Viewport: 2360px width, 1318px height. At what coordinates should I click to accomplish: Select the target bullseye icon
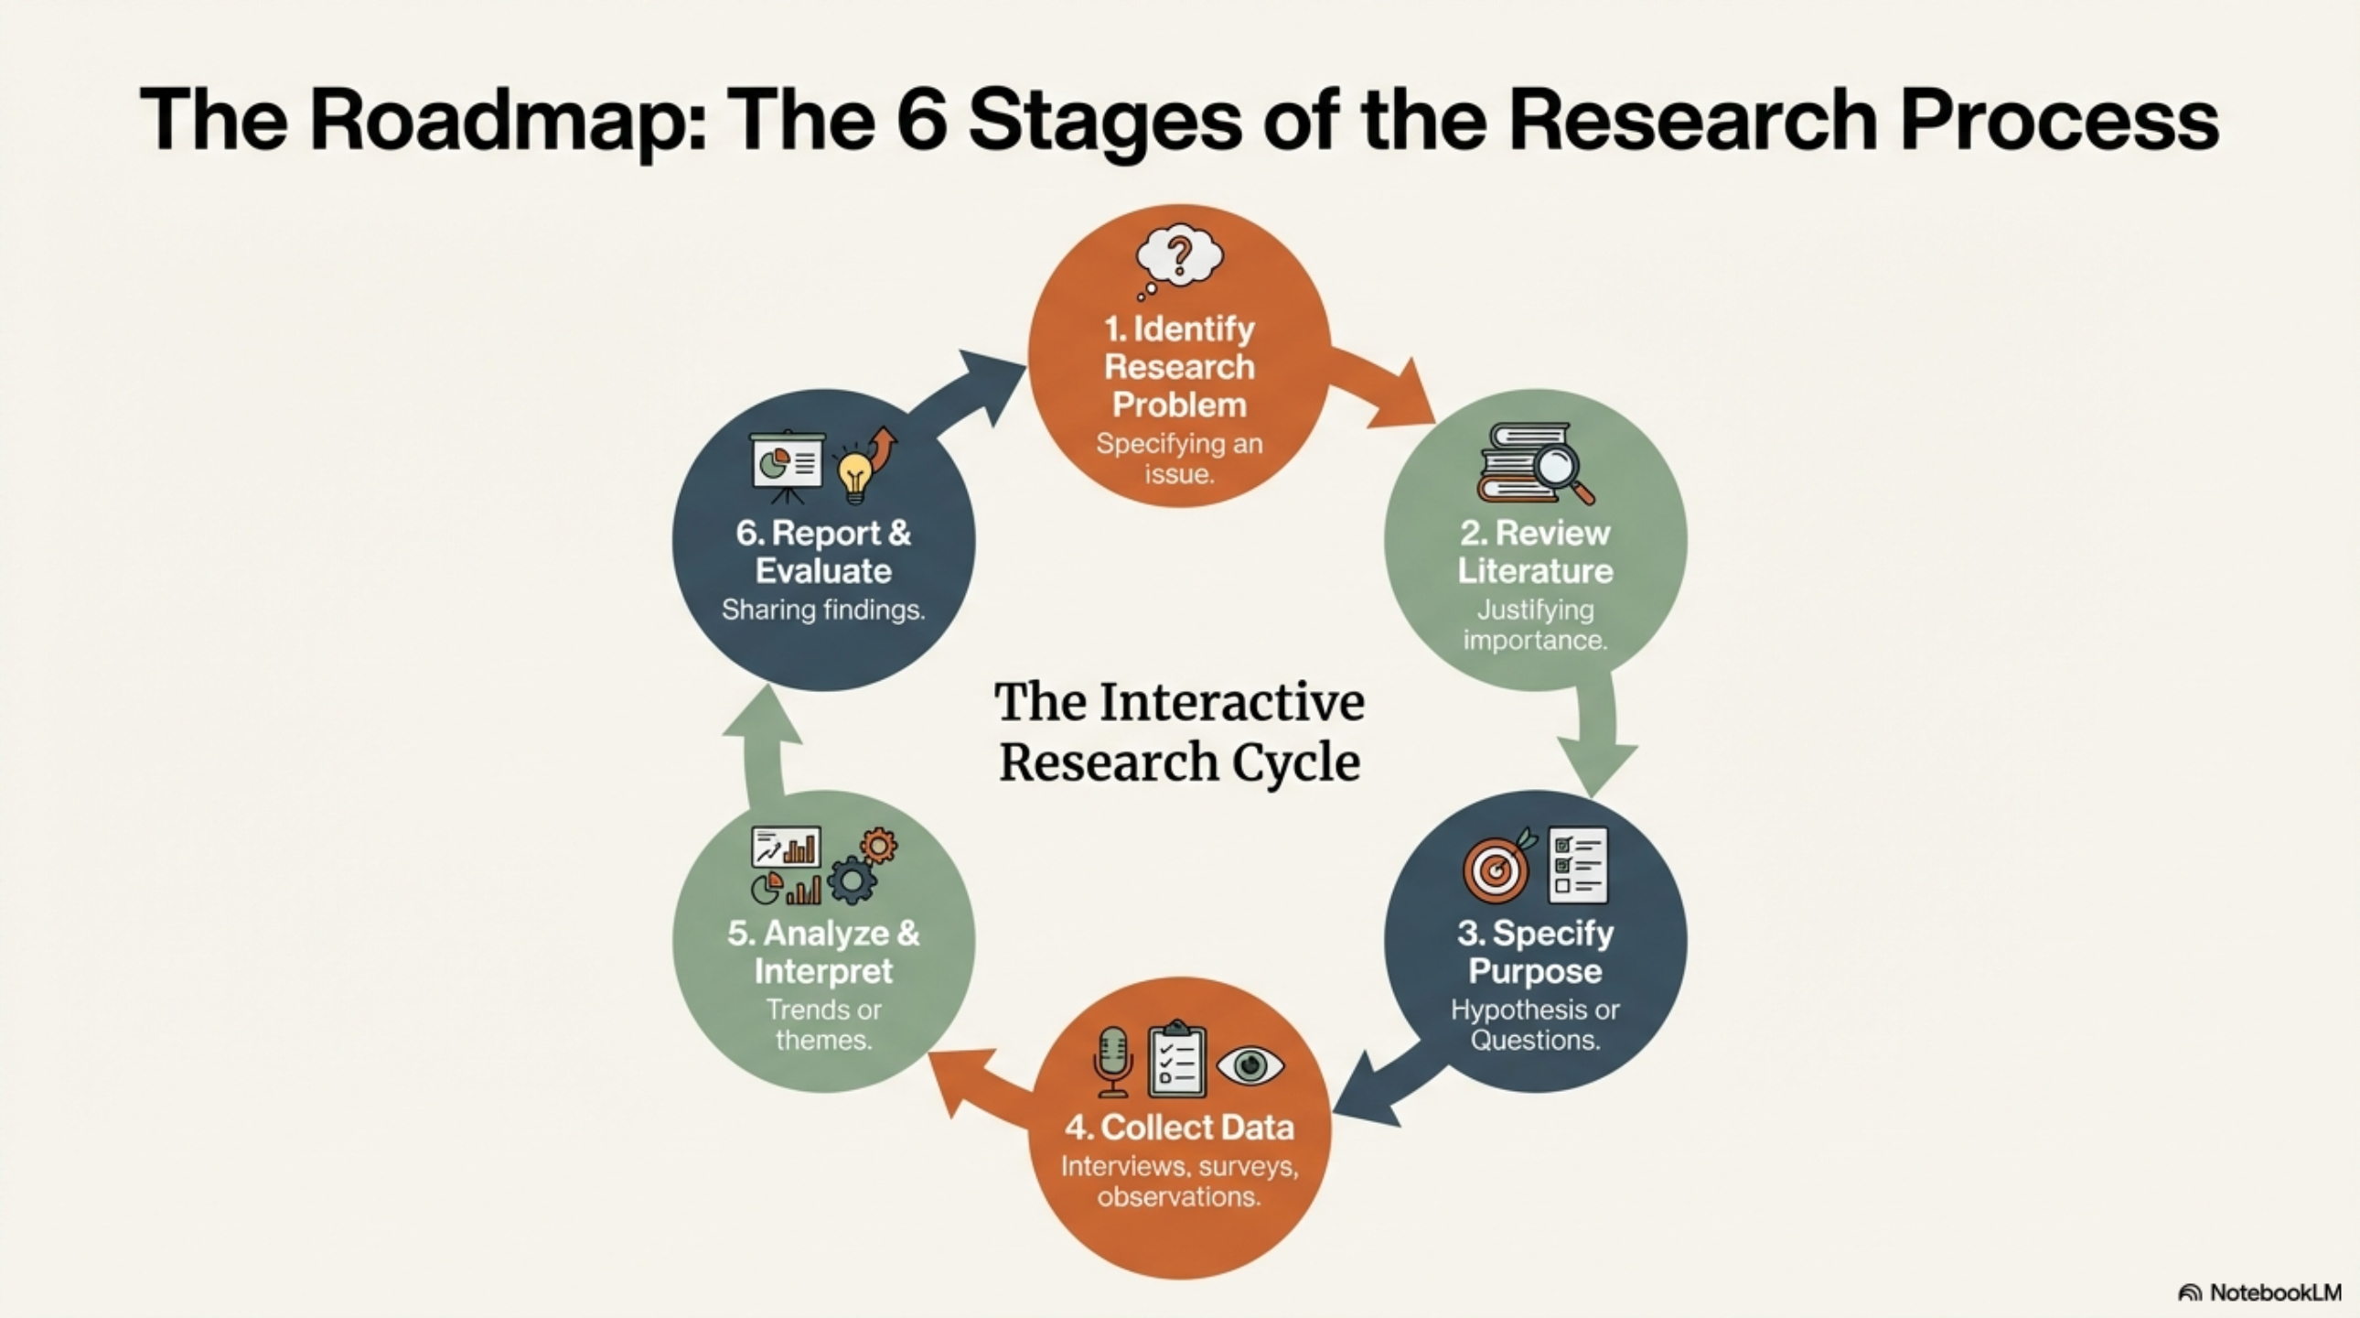1496,867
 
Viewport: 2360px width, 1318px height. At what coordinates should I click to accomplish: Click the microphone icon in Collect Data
1113,1059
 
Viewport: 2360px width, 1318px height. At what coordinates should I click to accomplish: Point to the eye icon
1250,1065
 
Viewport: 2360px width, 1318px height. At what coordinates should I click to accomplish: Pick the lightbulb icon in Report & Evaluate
854,476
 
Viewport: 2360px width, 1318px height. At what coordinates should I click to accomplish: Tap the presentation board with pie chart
786,466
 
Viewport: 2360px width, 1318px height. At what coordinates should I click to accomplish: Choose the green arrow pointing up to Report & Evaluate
762,743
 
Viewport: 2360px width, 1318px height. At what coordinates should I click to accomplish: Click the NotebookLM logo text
2275,1291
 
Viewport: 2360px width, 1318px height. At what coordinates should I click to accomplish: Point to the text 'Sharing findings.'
822,610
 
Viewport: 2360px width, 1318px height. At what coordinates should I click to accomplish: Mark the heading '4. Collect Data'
1179,1127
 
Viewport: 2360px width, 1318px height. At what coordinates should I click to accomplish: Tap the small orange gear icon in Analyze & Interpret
877,846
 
